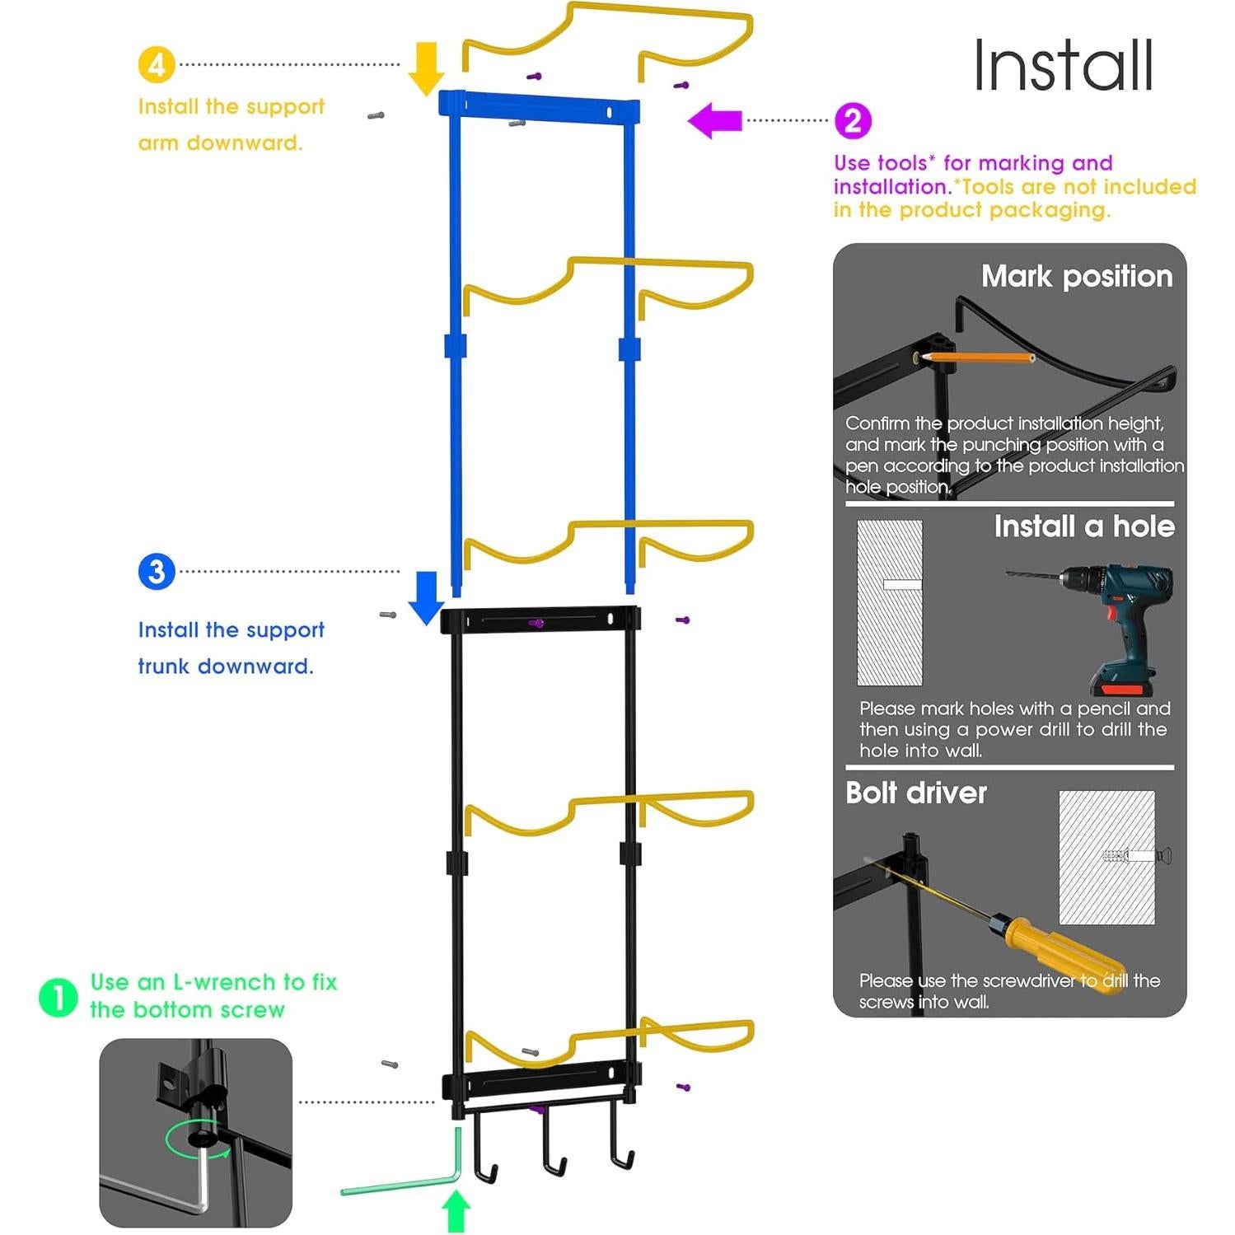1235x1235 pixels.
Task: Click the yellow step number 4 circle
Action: tap(157, 64)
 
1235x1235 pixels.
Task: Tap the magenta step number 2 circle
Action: tap(853, 121)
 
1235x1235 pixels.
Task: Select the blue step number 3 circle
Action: tap(157, 572)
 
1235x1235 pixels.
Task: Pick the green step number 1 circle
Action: tap(58, 998)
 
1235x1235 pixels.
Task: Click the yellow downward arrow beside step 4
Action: tap(426, 68)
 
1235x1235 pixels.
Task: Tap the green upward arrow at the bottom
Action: tap(456, 1211)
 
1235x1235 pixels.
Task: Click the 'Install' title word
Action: tap(1063, 66)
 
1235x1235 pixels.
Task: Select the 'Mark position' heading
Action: tap(1077, 276)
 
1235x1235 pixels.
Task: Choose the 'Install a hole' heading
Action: tap(1084, 526)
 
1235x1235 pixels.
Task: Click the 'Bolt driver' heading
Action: tap(916, 793)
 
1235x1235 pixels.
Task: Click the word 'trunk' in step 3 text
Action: tap(164, 666)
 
